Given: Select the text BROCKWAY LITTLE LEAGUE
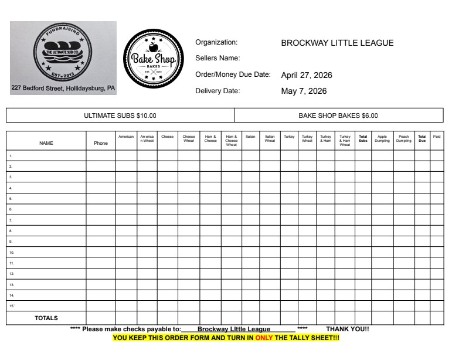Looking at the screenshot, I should tap(337, 43).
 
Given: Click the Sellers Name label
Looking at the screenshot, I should tap(217, 58).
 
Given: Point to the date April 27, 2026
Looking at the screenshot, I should tap(305, 75).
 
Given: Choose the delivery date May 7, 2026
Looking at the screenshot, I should tap(304, 91).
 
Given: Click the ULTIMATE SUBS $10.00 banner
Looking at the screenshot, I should tap(120, 116).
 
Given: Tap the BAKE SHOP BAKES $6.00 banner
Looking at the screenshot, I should tap(338, 116).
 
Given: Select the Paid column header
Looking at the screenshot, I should tap(437, 136).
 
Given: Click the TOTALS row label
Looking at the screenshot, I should tap(46, 318).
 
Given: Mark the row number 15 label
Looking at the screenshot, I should tap(11, 305).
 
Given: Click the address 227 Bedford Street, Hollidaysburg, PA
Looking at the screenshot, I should tap(63, 89).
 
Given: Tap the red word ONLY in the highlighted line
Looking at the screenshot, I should tap(264, 338).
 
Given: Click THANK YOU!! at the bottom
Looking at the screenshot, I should tap(348, 329).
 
